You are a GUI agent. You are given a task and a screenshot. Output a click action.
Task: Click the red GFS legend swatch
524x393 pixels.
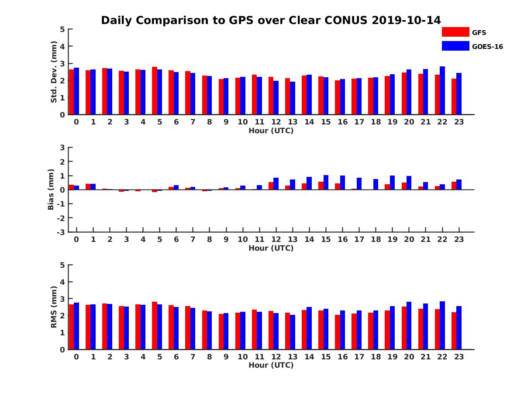(x=455, y=32)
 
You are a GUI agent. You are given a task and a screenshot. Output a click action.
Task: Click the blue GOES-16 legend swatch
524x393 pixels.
(x=455, y=46)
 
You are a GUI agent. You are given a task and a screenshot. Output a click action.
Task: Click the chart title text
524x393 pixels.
(x=271, y=20)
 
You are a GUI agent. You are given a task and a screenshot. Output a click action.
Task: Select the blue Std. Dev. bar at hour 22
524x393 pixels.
(x=442, y=90)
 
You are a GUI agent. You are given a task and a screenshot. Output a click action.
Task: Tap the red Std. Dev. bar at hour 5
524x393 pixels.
(x=155, y=91)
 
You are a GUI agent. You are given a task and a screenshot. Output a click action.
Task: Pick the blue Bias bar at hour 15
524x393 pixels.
(x=326, y=183)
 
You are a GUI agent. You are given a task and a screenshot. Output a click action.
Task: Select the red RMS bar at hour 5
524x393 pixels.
(x=155, y=325)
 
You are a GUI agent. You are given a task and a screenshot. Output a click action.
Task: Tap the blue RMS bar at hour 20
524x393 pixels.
(x=409, y=325)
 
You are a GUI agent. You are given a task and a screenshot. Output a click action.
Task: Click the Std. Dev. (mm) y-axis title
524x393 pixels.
(x=54, y=72)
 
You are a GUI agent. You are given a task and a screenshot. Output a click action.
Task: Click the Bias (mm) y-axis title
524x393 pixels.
(x=51, y=190)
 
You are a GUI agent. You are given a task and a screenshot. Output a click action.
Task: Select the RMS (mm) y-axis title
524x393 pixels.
(x=54, y=307)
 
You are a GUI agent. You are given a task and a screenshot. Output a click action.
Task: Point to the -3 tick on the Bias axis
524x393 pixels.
(x=61, y=232)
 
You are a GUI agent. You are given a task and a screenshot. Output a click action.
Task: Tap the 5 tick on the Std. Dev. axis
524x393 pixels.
(x=62, y=29)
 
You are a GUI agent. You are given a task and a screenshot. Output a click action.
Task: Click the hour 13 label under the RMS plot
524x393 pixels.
(x=293, y=356)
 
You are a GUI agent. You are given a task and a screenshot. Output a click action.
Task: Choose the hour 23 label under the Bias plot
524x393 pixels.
(x=458, y=239)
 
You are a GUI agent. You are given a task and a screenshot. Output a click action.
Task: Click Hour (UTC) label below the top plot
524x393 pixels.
(x=271, y=131)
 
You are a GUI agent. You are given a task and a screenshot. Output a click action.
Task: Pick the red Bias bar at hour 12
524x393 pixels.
(x=271, y=186)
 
